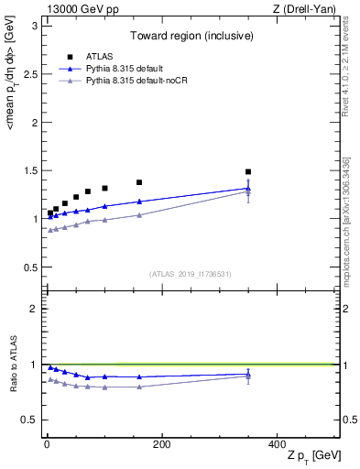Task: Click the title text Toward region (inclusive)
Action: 191,37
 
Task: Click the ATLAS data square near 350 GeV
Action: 248,171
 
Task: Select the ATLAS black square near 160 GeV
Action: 139,182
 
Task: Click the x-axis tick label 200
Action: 161,443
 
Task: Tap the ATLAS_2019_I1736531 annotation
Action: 191,274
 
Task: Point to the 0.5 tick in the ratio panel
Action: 29,420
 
